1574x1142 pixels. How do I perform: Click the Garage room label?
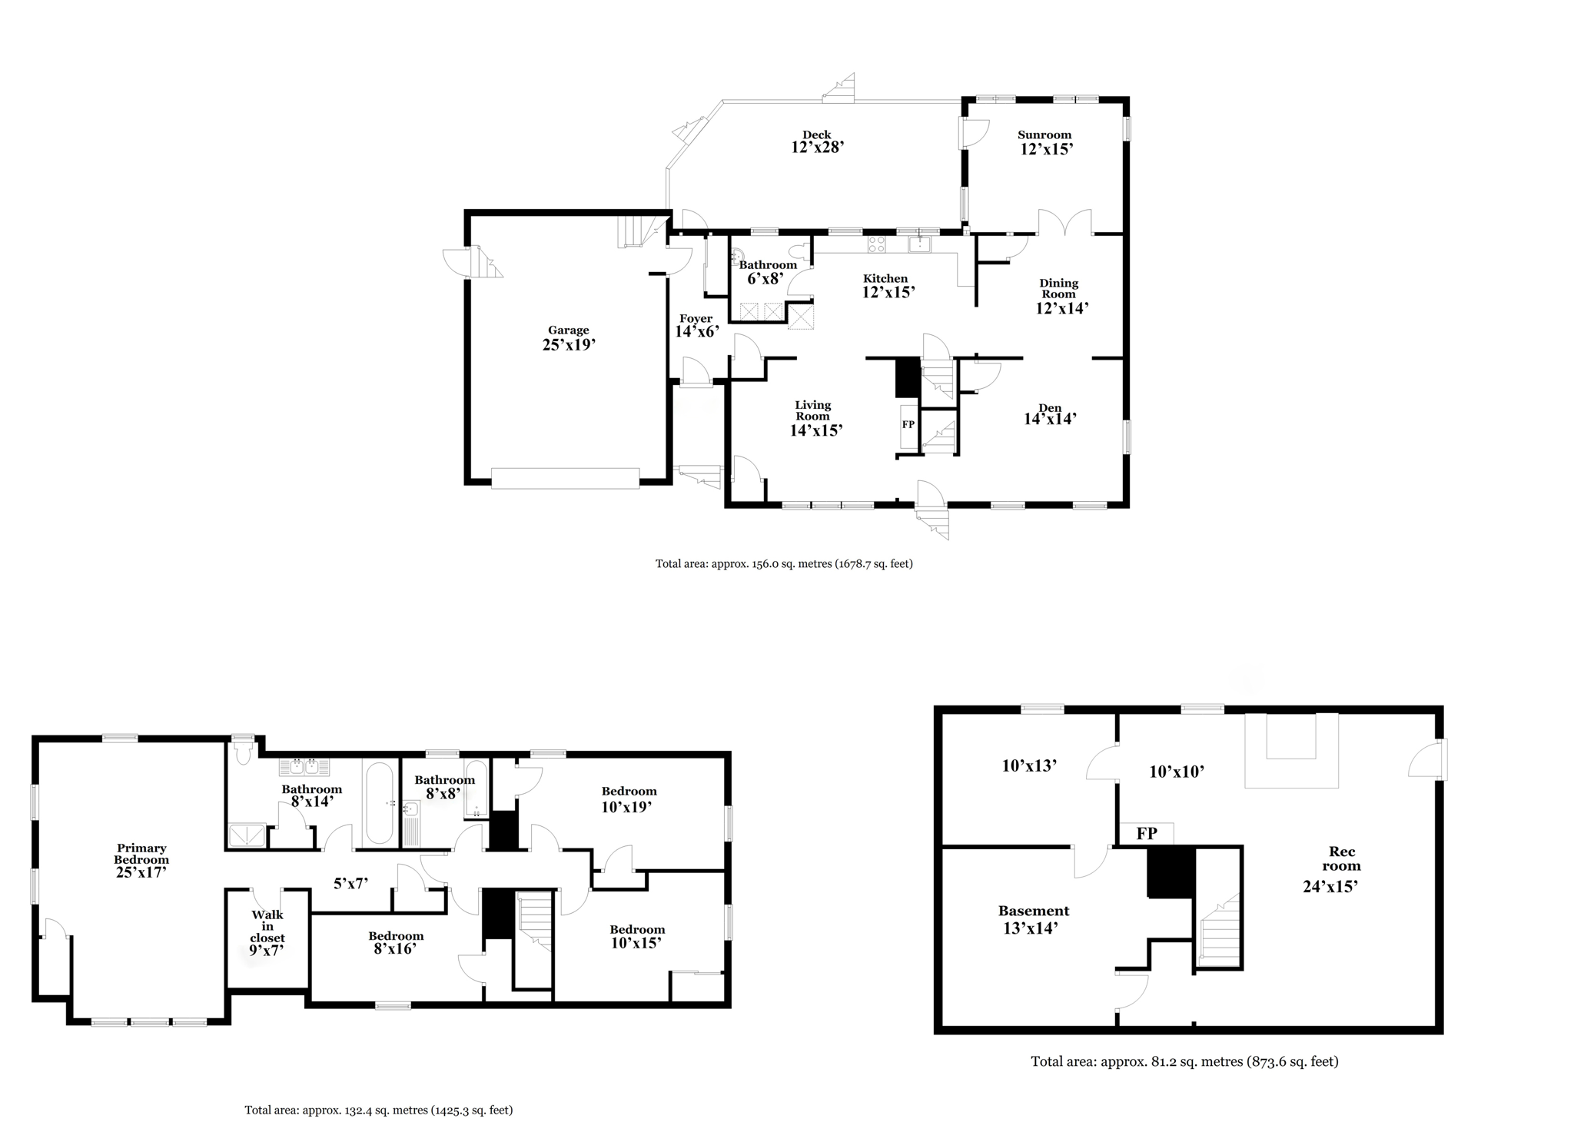point(569,330)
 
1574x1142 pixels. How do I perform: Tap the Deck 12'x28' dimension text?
point(818,148)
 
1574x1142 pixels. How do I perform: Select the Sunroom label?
point(1044,134)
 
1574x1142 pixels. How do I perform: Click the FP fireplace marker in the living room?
point(908,424)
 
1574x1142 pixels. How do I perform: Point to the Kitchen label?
point(885,278)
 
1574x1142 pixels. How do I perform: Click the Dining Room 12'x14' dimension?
point(1062,308)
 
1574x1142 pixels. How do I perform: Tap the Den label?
point(1050,408)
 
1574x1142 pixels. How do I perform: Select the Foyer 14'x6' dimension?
point(697,332)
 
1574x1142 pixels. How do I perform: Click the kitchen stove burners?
point(877,244)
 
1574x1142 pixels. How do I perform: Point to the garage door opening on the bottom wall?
point(565,478)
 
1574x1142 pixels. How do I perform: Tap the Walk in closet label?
point(267,926)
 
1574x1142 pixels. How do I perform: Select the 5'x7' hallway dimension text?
point(350,884)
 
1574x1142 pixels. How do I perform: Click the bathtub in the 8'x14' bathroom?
point(380,803)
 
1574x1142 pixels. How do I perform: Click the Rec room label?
point(1343,858)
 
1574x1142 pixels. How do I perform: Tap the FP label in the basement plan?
point(1147,834)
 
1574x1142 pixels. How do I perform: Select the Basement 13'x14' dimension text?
point(1031,928)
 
